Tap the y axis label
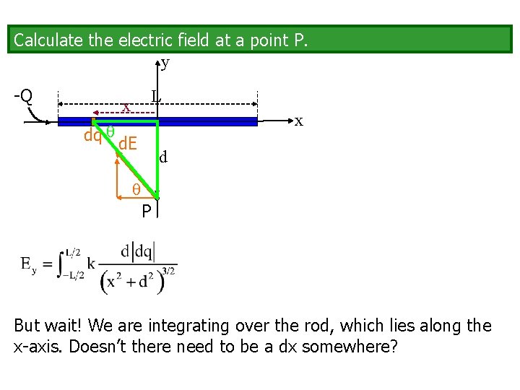[x=165, y=63]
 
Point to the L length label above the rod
[x=155, y=95]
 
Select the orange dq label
[x=92, y=135]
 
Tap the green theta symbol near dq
[x=110, y=131]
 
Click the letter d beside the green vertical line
[x=164, y=156]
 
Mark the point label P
[x=146, y=211]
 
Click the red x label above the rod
[x=126, y=108]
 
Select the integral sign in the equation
[x=59, y=264]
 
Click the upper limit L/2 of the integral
[x=74, y=252]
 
